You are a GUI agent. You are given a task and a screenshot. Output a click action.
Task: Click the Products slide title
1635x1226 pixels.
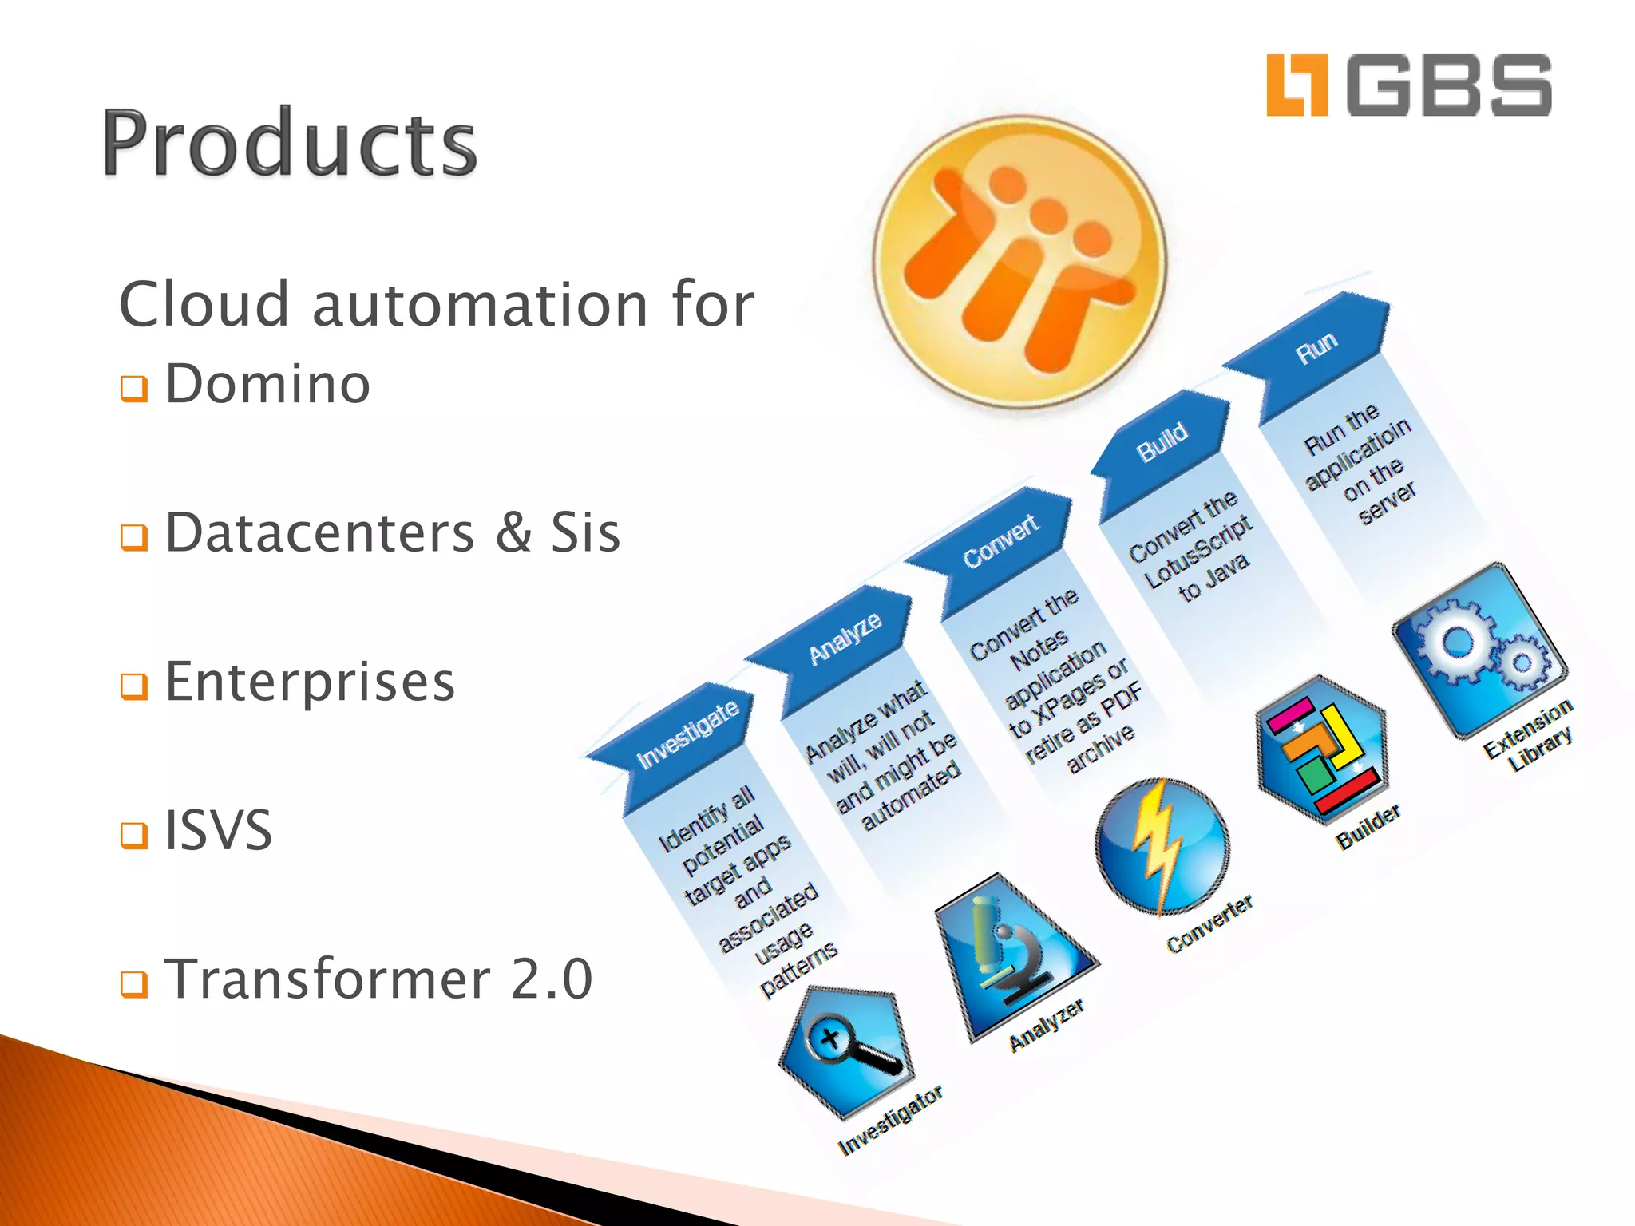click(x=289, y=144)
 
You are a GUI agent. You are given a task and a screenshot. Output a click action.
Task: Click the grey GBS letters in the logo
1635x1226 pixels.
click(x=1449, y=85)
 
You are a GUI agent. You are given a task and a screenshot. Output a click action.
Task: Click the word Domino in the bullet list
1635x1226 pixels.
click(x=267, y=384)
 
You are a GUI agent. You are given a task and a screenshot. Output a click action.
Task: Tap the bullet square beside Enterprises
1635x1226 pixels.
click(x=134, y=685)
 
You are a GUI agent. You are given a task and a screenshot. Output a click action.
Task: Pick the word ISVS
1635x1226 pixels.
click(x=218, y=830)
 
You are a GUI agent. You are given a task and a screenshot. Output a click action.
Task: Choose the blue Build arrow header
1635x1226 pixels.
click(x=1162, y=443)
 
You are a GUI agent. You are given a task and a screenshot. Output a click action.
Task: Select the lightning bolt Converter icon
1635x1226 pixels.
click(x=1162, y=846)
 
